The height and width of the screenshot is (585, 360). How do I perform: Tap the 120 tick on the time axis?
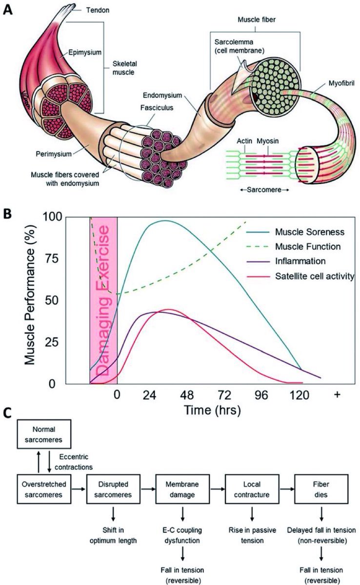[x=300, y=395]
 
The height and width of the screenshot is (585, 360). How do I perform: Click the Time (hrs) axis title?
[x=212, y=410]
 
